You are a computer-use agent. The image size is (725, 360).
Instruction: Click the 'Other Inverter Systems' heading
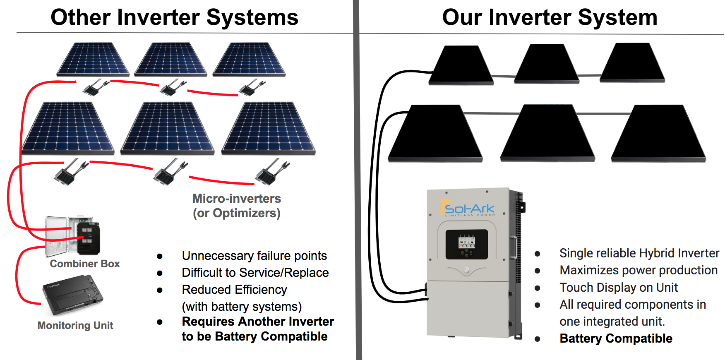[x=174, y=18]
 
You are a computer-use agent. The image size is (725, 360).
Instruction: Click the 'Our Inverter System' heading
[x=550, y=18]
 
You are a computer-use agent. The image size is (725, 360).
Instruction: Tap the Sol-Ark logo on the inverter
[x=469, y=209]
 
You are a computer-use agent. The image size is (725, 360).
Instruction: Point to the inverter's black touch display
[x=466, y=244]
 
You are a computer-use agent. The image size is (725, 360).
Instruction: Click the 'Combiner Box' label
[x=85, y=264]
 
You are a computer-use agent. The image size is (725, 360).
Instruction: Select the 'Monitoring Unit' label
[x=75, y=326]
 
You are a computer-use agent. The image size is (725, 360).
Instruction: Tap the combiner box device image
[x=73, y=235]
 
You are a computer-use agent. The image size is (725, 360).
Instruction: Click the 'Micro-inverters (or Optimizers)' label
[x=237, y=206]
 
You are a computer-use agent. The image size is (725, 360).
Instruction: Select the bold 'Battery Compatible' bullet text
[x=616, y=338]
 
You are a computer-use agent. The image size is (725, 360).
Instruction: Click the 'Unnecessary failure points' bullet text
[x=254, y=256]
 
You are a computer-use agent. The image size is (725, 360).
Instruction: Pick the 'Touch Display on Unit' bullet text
[x=618, y=288]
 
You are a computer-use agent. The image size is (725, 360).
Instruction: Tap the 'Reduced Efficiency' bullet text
[x=234, y=290]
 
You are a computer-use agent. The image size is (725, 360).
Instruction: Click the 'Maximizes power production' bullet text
[x=639, y=270]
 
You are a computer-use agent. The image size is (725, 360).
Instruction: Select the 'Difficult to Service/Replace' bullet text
[x=255, y=273]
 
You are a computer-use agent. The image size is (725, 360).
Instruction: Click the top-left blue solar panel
[x=93, y=59]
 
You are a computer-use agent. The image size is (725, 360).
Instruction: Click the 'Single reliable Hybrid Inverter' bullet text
[x=639, y=253]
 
